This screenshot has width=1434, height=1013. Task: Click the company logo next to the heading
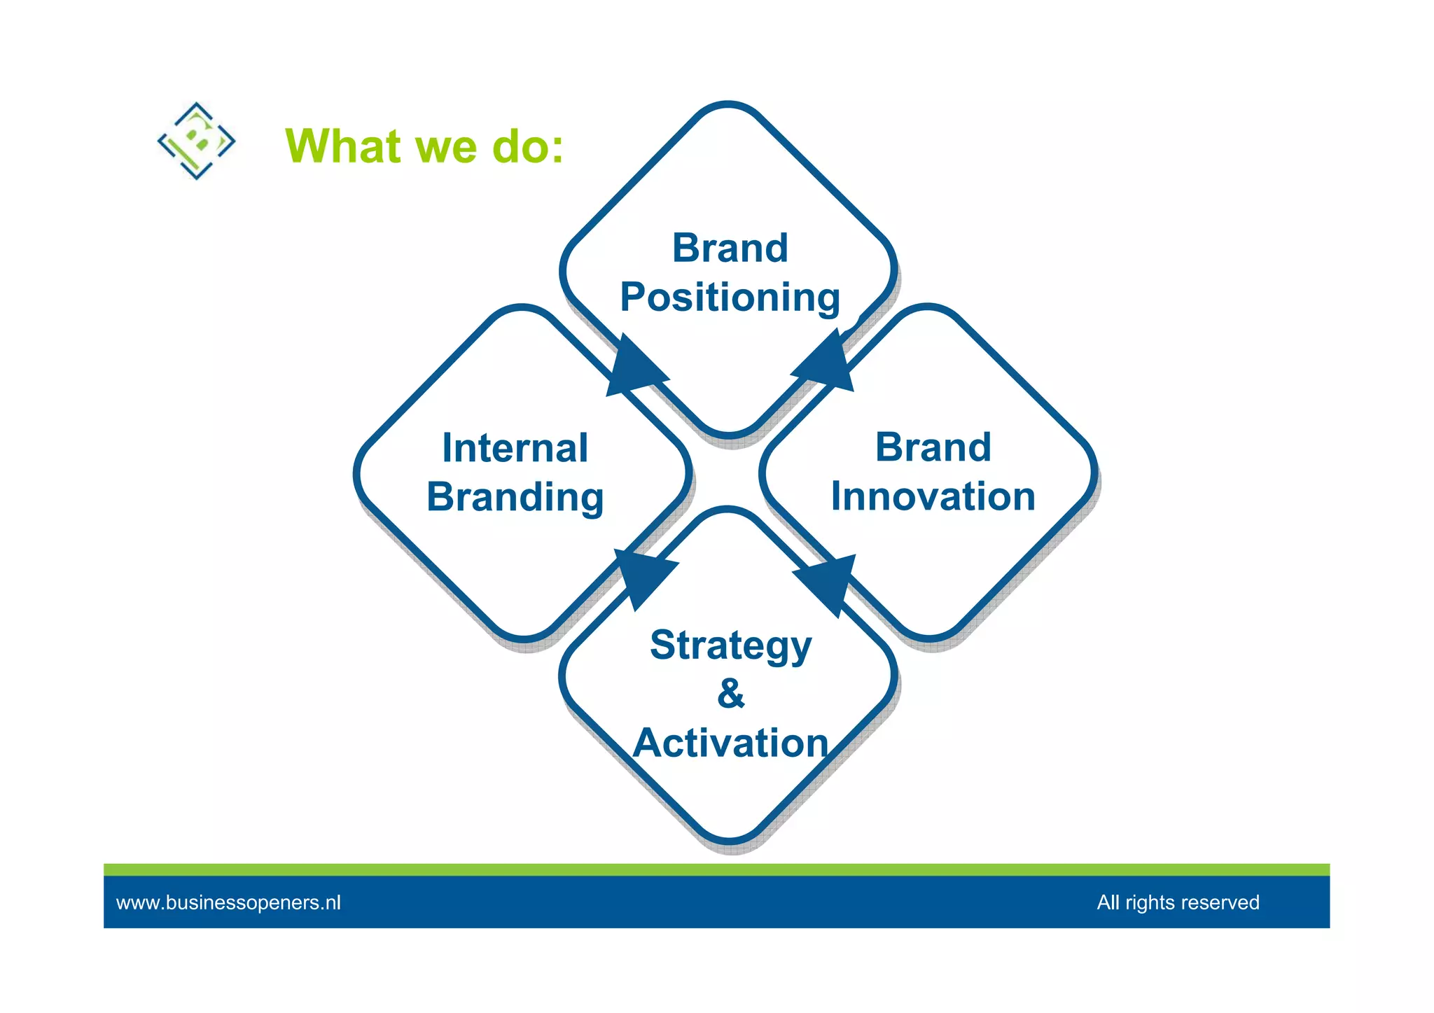(196, 141)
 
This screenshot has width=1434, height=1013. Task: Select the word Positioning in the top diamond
(730, 298)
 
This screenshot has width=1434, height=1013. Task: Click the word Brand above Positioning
(730, 248)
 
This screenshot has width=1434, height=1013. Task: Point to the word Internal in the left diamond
(515, 448)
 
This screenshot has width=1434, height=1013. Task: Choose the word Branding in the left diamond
(515, 498)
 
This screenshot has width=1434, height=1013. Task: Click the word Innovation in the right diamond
(933, 497)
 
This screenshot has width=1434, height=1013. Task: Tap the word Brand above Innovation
(933, 447)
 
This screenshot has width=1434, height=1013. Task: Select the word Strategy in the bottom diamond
(730, 645)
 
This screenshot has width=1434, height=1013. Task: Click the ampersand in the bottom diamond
(730, 694)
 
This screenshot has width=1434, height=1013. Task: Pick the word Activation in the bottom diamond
(730, 743)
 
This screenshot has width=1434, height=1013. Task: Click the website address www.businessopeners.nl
(228, 902)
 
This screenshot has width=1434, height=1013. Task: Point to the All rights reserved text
(1178, 902)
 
